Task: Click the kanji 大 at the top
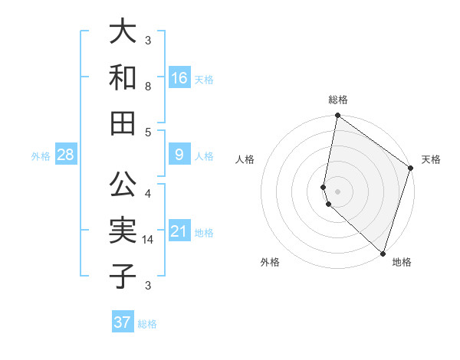click(123, 33)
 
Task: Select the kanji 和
click(123, 77)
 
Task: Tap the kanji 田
click(123, 122)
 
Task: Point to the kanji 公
click(123, 184)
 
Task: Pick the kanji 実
click(123, 230)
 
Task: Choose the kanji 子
click(123, 275)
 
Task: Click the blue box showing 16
click(179, 78)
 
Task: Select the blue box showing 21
click(179, 231)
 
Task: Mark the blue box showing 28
click(66, 155)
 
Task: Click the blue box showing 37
click(123, 322)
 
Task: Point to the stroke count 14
click(148, 240)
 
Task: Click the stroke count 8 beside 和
click(148, 87)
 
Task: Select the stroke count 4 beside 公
click(148, 193)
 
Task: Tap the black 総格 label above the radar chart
click(338, 100)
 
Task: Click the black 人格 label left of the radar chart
click(245, 159)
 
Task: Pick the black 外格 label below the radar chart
click(270, 262)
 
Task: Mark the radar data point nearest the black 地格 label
click(383, 253)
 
